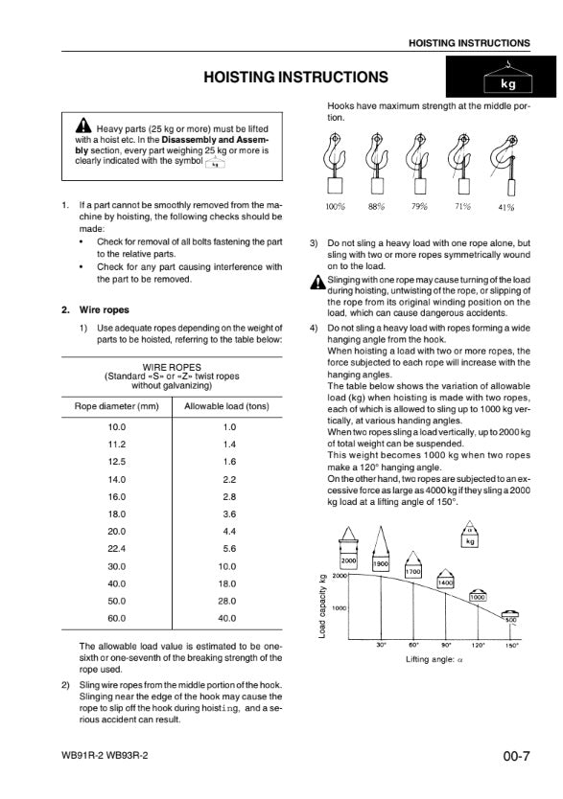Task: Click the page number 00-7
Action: tap(516, 756)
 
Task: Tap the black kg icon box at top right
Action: tap(501, 77)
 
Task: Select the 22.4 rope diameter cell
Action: tap(116, 549)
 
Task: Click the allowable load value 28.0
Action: tap(227, 601)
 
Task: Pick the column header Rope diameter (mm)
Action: tap(117, 406)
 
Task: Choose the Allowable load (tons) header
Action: tap(226, 406)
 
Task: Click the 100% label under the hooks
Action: tap(335, 206)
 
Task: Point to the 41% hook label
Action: tap(505, 207)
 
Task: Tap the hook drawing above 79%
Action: tap(419, 163)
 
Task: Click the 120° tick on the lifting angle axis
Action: tap(478, 645)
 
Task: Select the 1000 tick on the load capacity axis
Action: tap(340, 608)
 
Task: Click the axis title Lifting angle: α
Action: tap(434, 659)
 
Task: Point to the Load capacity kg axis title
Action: tap(322, 605)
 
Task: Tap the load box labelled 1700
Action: tap(413, 571)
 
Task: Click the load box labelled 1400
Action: tap(445, 582)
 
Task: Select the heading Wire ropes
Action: tap(104, 309)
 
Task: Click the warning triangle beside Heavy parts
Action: tap(83, 126)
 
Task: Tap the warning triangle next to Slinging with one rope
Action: tap(317, 282)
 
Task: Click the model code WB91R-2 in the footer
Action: tap(82, 755)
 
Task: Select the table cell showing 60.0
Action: tap(116, 618)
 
